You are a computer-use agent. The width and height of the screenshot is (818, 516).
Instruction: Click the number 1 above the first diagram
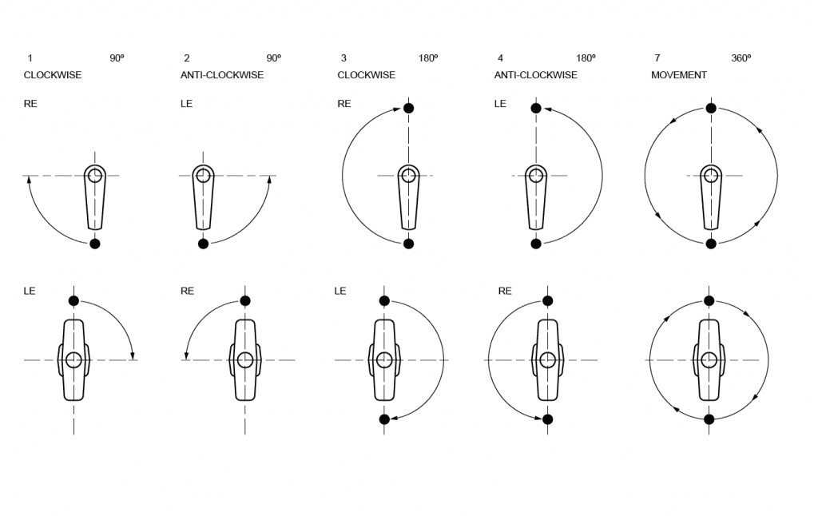30,58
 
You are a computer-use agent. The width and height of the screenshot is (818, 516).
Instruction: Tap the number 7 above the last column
657,58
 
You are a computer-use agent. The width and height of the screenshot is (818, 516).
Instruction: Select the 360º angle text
741,58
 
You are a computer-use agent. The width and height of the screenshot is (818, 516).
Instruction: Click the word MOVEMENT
679,75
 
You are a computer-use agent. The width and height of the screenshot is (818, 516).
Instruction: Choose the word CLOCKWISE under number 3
366,75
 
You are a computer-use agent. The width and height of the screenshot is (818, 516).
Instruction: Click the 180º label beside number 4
586,58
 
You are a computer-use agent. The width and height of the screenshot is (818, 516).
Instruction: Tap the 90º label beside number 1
117,58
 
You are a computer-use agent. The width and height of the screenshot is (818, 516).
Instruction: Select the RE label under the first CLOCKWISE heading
30,104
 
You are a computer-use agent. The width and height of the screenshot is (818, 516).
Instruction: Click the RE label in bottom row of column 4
505,292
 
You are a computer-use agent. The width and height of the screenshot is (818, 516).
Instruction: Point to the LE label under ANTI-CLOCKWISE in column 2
187,104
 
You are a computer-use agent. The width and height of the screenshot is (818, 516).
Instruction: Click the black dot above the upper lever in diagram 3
408,108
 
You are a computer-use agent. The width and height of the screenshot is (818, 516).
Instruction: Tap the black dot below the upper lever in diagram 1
95,244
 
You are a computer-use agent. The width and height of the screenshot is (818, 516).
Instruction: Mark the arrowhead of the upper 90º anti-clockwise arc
269,180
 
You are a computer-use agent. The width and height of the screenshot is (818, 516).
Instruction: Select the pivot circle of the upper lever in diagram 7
710,176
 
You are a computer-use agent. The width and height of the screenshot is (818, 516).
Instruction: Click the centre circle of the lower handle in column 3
384,359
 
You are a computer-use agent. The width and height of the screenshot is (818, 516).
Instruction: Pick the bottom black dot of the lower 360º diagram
709,419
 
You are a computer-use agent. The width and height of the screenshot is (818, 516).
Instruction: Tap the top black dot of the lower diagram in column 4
547,300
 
